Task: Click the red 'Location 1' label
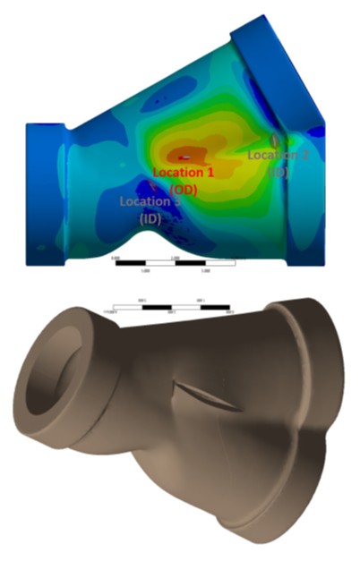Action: (x=184, y=171)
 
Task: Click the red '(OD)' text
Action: (x=184, y=189)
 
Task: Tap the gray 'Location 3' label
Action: (x=150, y=201)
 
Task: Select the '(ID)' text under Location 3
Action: (x=149, y=217)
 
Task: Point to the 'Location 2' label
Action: (x=279, y=155)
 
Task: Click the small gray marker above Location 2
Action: (x=275, y=140)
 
